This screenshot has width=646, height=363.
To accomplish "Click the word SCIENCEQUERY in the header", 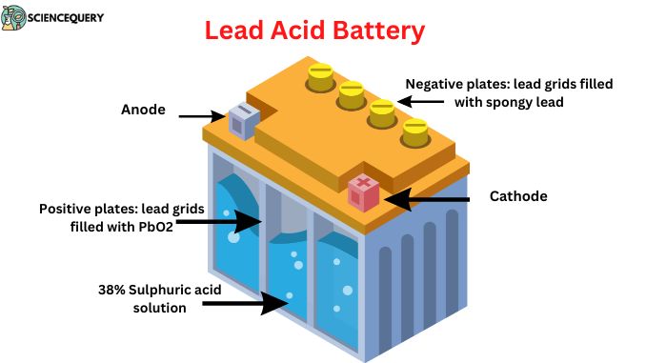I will [66, 18].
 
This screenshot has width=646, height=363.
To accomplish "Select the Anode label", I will [143, 110].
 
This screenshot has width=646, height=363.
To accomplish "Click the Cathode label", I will [517, 196].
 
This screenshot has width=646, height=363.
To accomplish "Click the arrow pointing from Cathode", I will [429, 199].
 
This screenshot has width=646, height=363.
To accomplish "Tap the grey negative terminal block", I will [241, 122].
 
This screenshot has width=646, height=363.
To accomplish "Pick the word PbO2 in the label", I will [151, 227].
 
